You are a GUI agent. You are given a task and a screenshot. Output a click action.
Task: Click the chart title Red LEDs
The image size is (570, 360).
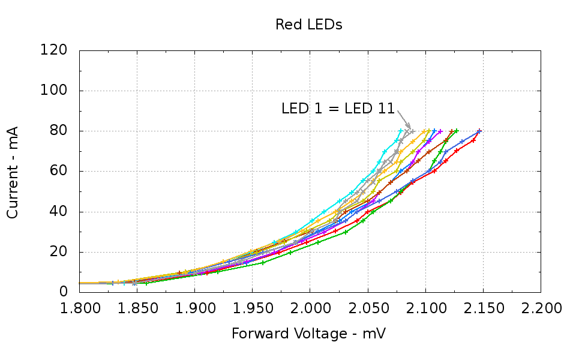click(308, 25)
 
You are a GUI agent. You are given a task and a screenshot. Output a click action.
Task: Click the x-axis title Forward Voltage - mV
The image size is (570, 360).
click(308, 334)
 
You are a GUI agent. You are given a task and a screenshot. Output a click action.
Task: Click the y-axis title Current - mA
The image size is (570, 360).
click(13, 172)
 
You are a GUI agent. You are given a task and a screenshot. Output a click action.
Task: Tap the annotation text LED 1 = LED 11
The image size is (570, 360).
click(338, 109)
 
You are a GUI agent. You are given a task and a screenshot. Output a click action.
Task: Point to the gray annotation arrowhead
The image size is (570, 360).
click(410, 128)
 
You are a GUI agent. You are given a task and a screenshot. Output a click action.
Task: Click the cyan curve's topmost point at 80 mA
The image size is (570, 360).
click(401, 131)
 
